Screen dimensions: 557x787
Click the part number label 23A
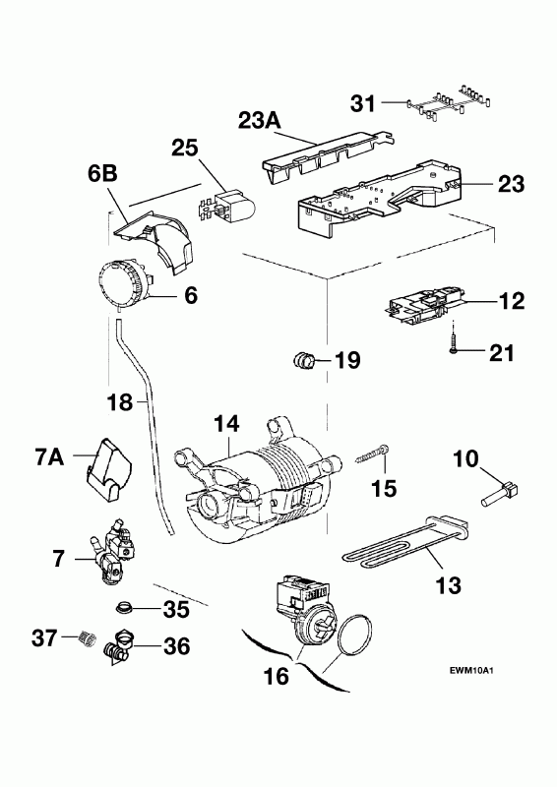(x=259, y=121)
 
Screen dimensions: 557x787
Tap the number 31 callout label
(x=363, y=103)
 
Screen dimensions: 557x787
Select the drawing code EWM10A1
(x=471, y=670)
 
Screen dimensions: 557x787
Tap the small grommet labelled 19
(x=303, y=360)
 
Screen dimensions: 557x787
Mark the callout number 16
(x=277, y=676)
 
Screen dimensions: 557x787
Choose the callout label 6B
(x=102, y=174)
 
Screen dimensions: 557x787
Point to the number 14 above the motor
(x=226, y=425)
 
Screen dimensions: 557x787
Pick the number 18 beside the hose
(x=120, y=402)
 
